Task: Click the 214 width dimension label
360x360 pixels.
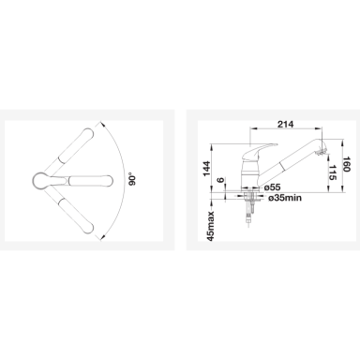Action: [286, 124]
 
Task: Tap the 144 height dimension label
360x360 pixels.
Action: [207, 169]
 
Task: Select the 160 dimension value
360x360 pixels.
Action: [345, 163]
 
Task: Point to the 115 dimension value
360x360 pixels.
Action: [333, 172]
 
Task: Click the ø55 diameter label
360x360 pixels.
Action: [272, 187]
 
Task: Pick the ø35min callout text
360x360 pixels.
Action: [285, 198]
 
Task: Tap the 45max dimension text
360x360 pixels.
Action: [211, 226]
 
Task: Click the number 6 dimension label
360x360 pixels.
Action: [221, 180]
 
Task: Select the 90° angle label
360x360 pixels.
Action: [133, 180]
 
